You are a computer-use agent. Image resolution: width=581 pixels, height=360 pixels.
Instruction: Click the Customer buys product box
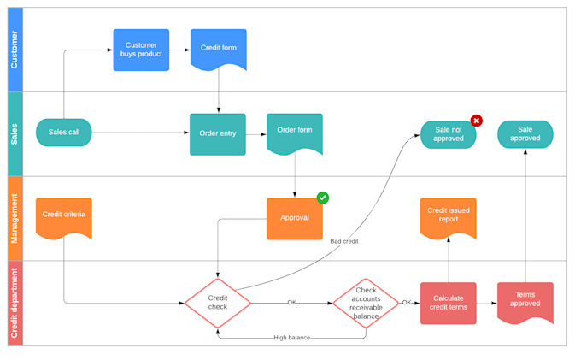[141, 50]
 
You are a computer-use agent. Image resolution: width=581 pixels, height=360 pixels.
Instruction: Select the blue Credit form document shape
[219, 49]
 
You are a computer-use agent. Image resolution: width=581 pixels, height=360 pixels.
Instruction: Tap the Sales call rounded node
[63, 133]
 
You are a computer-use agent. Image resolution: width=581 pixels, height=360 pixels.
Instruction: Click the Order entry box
[218, 133]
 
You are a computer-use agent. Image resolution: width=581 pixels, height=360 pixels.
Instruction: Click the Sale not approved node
[448, 134]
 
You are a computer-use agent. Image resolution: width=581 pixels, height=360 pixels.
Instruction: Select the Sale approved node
[525, 134]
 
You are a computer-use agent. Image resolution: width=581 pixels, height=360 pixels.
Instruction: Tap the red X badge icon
[477, 121]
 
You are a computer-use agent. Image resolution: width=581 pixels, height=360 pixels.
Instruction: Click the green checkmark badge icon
[323, 198]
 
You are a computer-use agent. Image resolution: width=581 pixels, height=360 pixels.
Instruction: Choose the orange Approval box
[295, 218]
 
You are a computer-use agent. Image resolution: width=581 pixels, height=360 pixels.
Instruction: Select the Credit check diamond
[218, 303]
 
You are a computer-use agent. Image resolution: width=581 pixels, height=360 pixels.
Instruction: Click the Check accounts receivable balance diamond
[366, 303]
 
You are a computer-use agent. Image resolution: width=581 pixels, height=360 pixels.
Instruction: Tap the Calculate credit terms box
[449, 303]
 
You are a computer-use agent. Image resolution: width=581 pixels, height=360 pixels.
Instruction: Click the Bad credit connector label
[344, 241]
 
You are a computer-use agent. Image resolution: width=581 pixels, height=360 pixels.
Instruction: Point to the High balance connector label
[292, 338]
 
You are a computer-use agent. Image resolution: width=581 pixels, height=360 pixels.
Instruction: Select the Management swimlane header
[15, 218]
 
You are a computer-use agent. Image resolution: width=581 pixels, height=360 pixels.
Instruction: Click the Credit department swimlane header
[15, 303]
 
